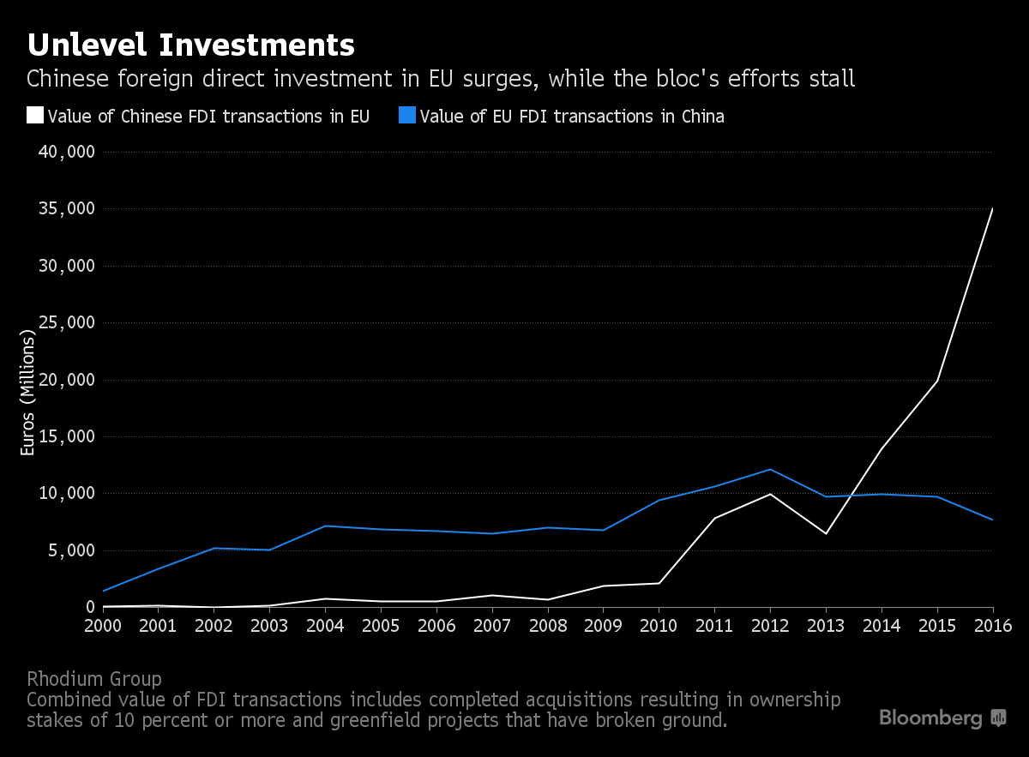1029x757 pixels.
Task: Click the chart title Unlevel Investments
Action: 190,44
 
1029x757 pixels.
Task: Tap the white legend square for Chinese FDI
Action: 35,116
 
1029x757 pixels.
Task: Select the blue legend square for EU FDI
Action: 407,116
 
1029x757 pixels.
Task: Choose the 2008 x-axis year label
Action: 548,624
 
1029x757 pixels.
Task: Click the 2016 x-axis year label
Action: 992,624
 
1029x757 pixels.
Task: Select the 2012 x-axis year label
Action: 770,624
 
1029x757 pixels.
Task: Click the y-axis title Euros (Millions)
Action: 27,394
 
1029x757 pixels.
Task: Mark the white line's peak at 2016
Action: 992,209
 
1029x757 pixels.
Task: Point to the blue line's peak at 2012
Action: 770,469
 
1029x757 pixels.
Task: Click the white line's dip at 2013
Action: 826,533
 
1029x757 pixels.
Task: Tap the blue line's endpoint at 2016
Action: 992,520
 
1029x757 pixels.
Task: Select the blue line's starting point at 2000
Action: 103,591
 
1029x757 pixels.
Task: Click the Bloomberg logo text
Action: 930,718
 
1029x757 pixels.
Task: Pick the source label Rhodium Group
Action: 94,679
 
